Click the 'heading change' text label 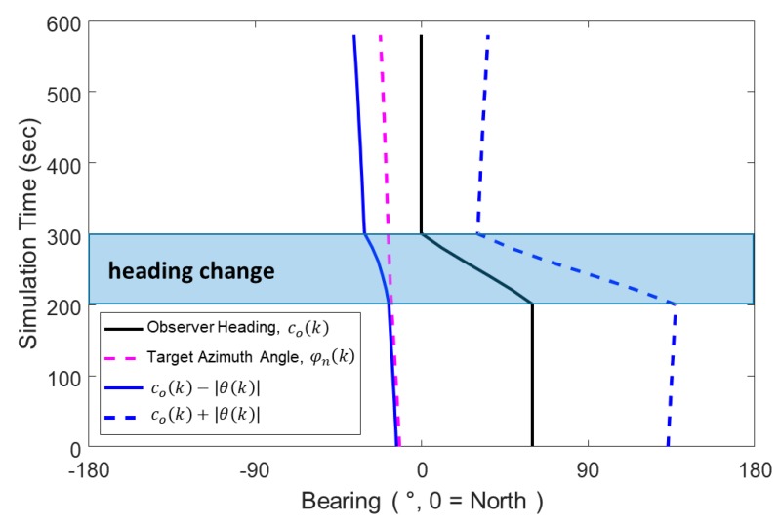[190, 270]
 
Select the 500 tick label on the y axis [63, 93]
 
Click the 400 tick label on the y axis [63, 163]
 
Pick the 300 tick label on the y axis [63, 234]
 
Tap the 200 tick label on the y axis [63, 305]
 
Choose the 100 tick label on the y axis [63, 377]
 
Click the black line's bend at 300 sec [422, 234]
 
